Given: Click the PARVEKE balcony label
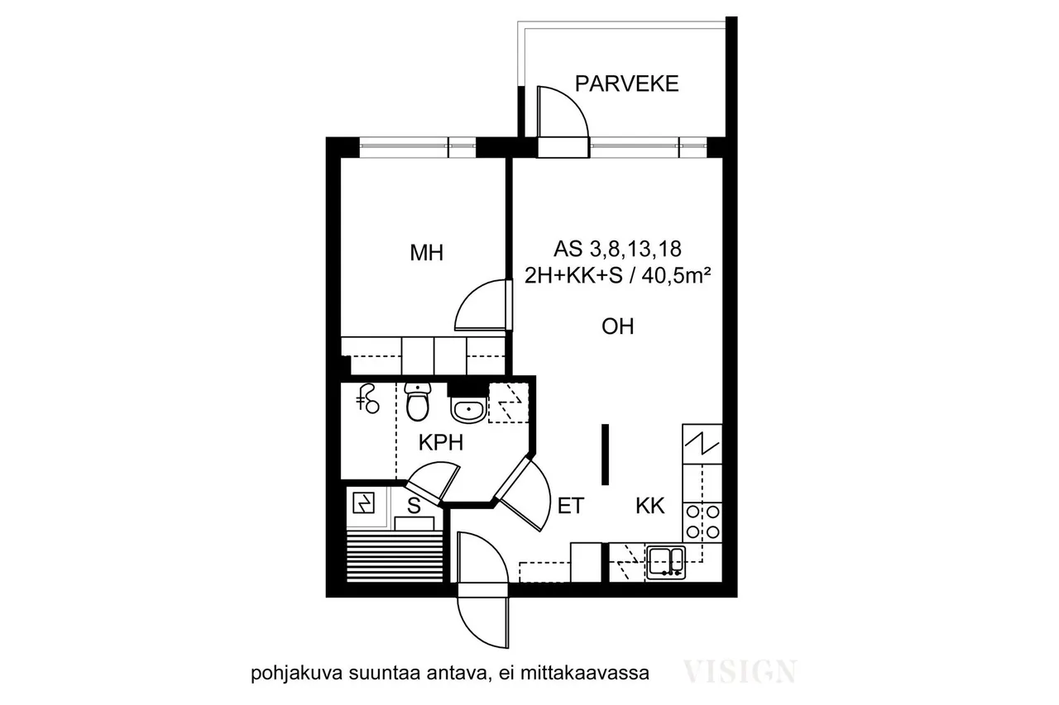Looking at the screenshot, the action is point(626,83).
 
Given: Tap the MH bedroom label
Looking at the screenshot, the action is point(426,253).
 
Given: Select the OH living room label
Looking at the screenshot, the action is point(617,326).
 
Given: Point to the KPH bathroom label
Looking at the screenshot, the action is point(441,443).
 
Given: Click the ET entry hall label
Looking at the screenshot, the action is point(571,506).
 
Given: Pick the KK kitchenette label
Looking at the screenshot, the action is point(650,506).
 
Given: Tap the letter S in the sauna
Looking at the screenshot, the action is point(414,506).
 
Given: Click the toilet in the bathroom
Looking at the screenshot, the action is point(418,402).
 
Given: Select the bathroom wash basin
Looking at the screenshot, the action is point(468,410).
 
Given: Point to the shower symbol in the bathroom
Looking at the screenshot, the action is point(368,399).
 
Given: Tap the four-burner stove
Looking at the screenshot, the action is point(702,522).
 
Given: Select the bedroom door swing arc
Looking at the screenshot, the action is point(471,295).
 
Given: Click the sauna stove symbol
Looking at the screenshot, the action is point(363,503).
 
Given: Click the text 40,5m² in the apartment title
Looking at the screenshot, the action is point(676,276).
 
